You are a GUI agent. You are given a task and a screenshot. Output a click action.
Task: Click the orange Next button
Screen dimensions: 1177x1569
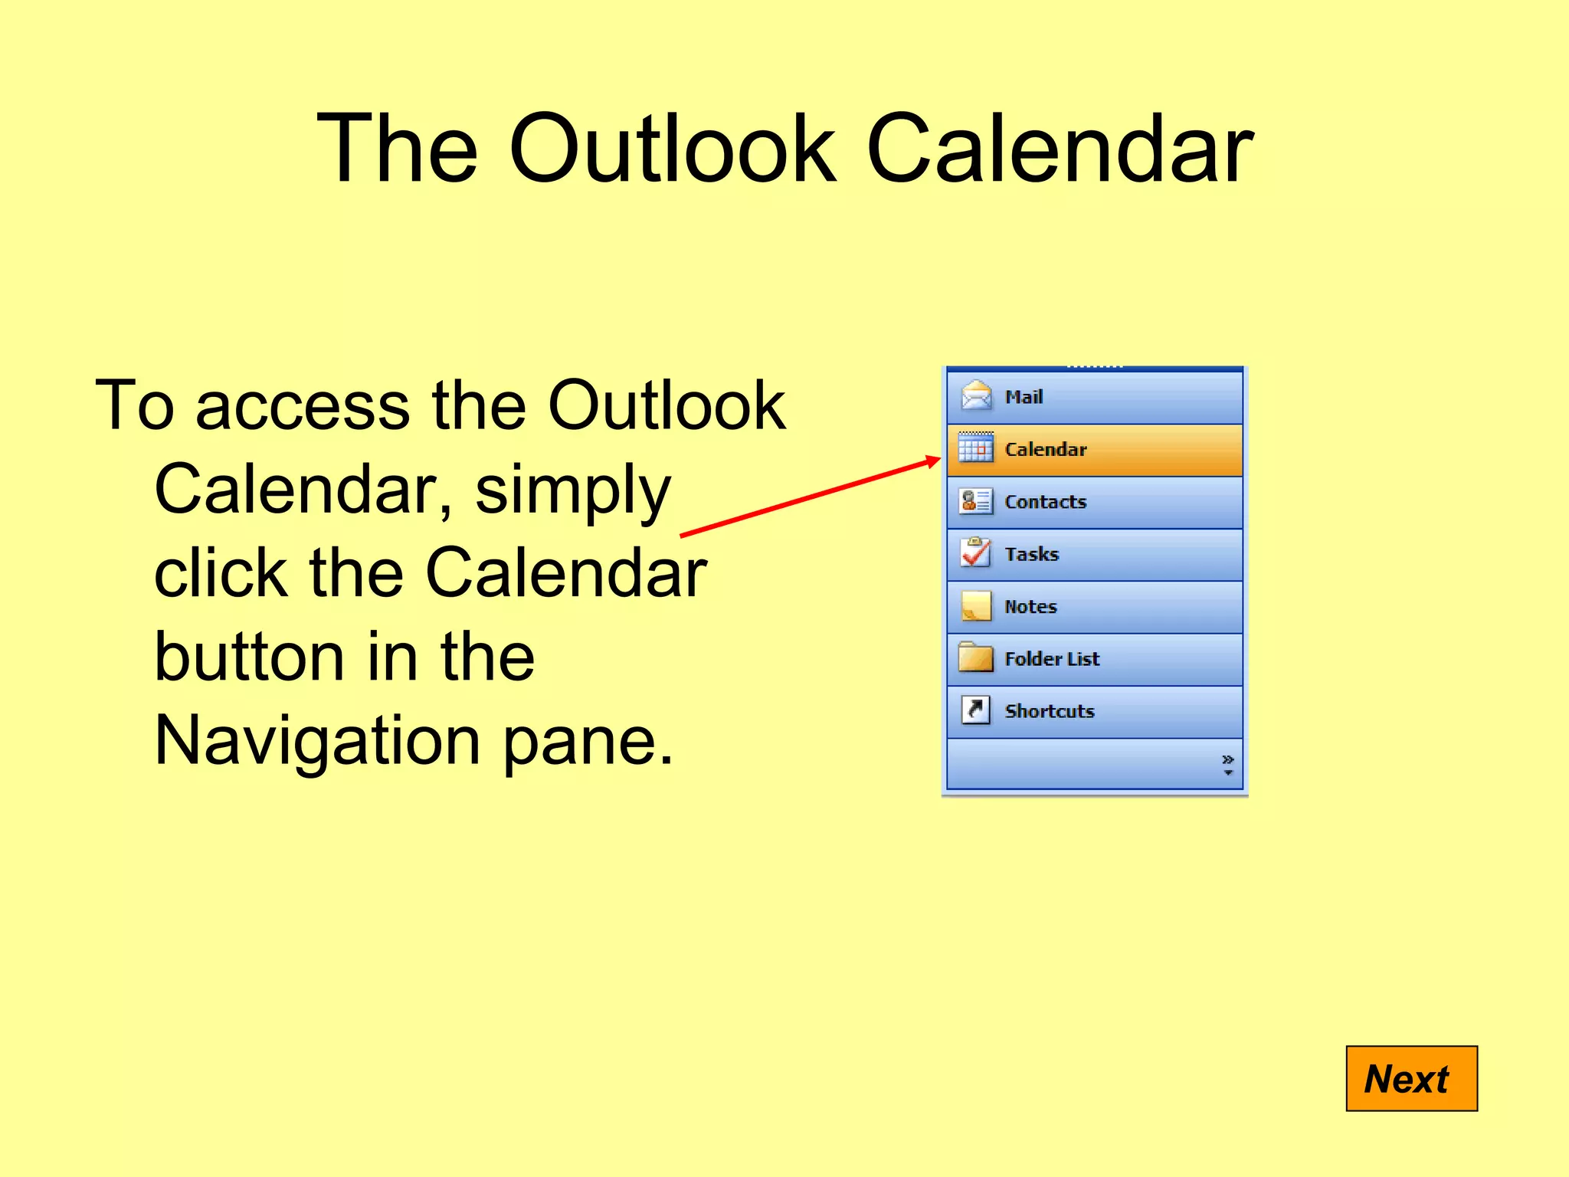click(1411, 1078)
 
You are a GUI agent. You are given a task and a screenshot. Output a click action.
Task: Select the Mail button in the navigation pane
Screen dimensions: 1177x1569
click(1094, 397)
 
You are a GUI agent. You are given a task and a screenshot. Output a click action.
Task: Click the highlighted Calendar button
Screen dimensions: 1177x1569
click(1094, 450)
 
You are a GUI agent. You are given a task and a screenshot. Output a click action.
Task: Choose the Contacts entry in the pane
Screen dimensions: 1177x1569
click(1094, 502)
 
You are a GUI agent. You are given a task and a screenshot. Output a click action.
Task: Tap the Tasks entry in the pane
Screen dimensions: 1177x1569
click(1094, 554)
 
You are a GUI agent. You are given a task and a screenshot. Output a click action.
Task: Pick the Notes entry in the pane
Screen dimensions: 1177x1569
click(1094, 607)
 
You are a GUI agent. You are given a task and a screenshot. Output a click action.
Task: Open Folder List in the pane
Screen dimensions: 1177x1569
click(1094, 659)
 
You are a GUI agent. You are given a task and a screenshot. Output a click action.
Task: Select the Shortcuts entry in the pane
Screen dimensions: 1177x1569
click(1094, 711)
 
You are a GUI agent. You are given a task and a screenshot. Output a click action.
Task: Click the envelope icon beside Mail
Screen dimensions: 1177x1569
click(976, 395)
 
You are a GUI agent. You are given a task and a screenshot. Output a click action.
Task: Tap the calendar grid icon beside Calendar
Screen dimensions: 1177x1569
click(976, 448)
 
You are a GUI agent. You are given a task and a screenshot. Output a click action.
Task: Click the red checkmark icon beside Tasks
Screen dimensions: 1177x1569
click(975, 552)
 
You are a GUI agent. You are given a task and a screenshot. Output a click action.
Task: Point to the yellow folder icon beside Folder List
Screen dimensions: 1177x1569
click(975, 657)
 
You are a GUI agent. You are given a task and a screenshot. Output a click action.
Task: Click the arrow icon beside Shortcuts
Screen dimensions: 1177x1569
click(975, 710)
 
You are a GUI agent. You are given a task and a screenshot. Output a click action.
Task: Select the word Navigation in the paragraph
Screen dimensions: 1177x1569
click(317, 740)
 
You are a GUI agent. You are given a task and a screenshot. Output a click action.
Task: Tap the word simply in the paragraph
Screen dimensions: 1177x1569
click(572, 490)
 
